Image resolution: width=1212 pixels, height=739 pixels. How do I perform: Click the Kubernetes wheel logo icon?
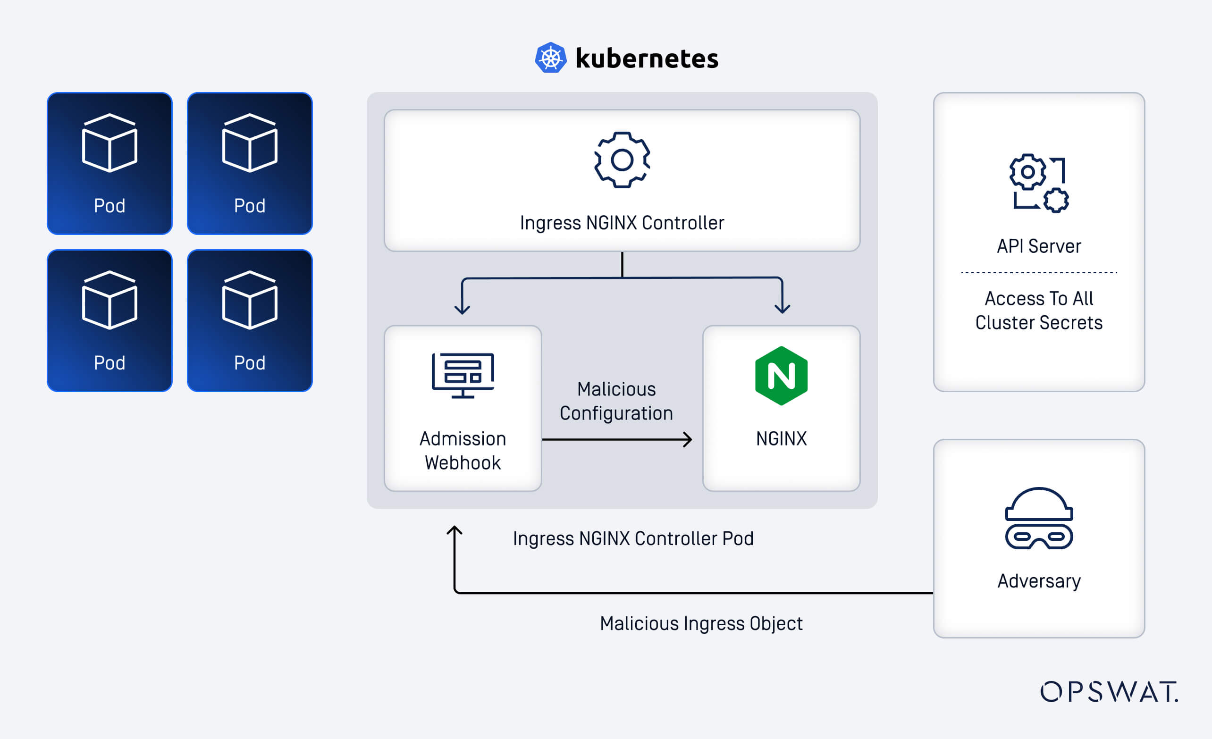tap(550, 58)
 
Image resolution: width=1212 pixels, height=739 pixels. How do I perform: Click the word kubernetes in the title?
tap(647, 59)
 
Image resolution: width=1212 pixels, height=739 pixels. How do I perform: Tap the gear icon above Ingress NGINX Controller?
tap(622, 160)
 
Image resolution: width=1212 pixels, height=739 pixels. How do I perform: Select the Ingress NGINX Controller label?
tap(622, 223)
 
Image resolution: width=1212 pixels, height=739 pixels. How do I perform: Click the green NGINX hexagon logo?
tap(781, 376)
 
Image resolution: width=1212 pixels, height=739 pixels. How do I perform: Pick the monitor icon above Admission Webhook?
tap(463, 375)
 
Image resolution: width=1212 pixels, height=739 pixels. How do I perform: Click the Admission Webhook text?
tap(463, 450)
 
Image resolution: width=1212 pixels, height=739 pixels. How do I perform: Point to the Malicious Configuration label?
tap(616, 401)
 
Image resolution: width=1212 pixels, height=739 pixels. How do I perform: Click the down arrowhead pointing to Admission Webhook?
tap(462, 308)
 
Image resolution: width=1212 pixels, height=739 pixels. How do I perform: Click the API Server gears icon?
tap(1039, 183)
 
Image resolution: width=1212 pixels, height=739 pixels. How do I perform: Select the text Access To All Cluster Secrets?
tap(1039, 310)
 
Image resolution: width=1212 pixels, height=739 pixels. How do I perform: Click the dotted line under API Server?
tap(1039, 272)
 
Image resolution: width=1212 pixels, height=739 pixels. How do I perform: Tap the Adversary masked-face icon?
tap(1039, 518)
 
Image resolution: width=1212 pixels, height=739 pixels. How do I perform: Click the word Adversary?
tap(1039, 581)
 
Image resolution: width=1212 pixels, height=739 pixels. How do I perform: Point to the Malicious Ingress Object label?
tap(701, 623)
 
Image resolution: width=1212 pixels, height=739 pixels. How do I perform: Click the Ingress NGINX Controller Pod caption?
tap(633, 538)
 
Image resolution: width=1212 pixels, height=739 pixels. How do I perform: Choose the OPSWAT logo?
tap(1109, 691)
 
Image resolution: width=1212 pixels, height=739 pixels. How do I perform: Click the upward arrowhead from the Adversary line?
tap(454, 530)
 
